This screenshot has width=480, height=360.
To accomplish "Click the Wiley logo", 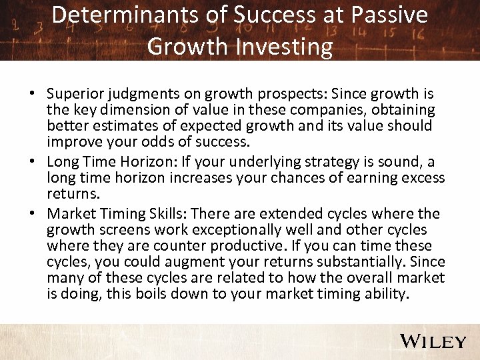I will (433, 341).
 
